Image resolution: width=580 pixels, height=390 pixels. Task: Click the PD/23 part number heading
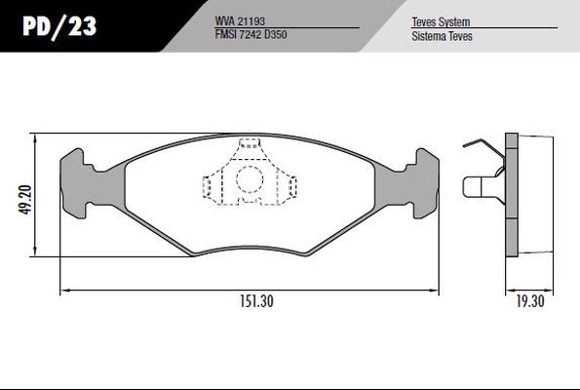point(59,26)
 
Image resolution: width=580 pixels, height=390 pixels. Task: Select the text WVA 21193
point(240,21)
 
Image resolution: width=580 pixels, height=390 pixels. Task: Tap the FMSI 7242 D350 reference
point(251,34)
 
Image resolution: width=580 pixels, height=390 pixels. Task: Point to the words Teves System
point(441,21)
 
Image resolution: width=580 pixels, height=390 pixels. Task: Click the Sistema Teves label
point(442,36)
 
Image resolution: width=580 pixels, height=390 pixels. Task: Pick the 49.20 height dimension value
point(26,200)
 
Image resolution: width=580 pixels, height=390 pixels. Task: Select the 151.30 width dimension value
point(256,301)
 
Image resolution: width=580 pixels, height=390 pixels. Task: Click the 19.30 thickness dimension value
point(530,301)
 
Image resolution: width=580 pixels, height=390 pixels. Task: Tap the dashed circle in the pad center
point(250,179)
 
